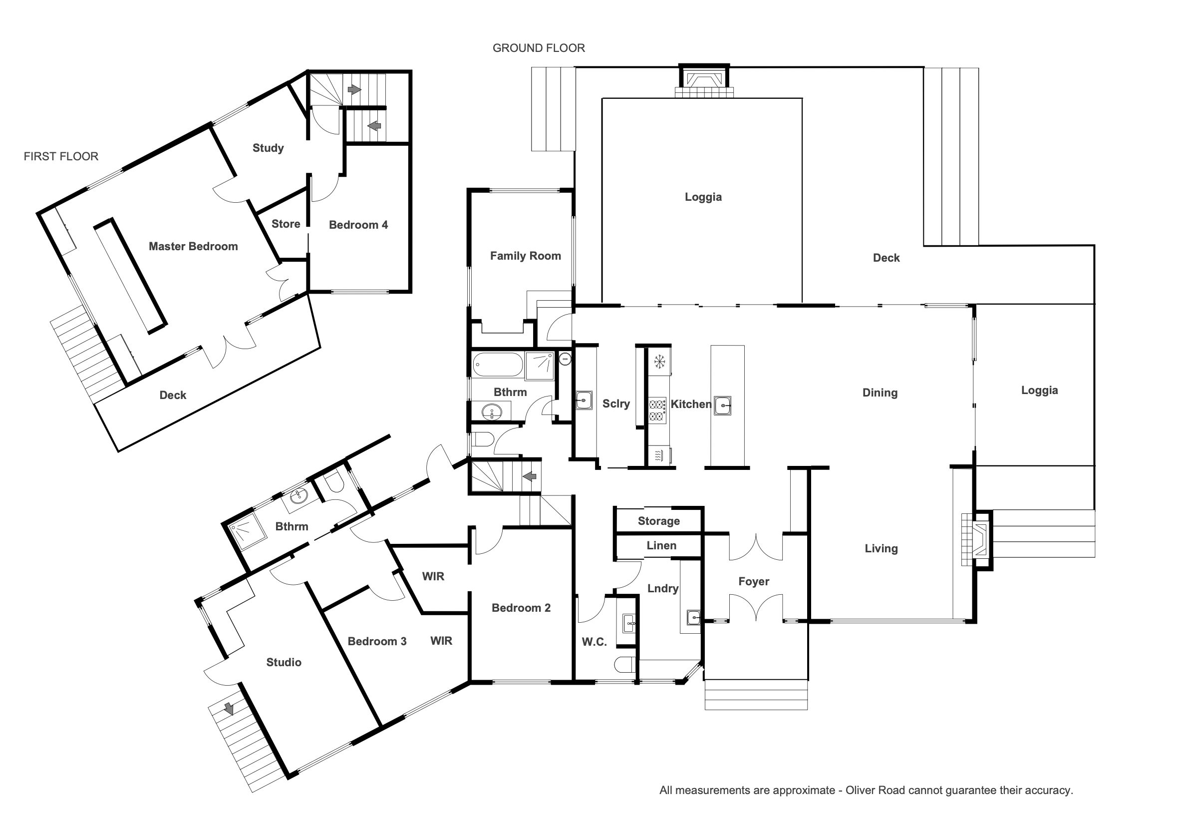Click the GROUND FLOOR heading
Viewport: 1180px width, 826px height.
coord(539,48)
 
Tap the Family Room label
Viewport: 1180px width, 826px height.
coord(525,256)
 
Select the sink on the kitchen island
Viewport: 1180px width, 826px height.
coord(723,406)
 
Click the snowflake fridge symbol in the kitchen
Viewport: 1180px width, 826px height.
coord(659,362)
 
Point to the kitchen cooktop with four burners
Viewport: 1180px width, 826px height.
coord(657,410)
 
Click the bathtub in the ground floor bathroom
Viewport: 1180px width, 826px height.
coord(498,365)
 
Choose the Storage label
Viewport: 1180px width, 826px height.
coord(659,521)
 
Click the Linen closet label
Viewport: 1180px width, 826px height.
coord(661,545)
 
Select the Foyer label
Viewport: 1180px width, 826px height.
coord(754,581)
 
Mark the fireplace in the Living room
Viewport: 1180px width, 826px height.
coord(976,539)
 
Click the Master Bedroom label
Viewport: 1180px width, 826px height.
coord(193,246)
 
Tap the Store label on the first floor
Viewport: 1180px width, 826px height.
coord(286,224)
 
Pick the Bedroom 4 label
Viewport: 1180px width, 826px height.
coord(358,225)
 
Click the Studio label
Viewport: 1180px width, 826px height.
coord(284,662)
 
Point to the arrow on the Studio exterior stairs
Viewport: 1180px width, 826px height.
coord(229,709)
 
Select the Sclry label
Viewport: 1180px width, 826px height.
coord(616,404)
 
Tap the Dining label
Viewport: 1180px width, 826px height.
coord(880,393)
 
